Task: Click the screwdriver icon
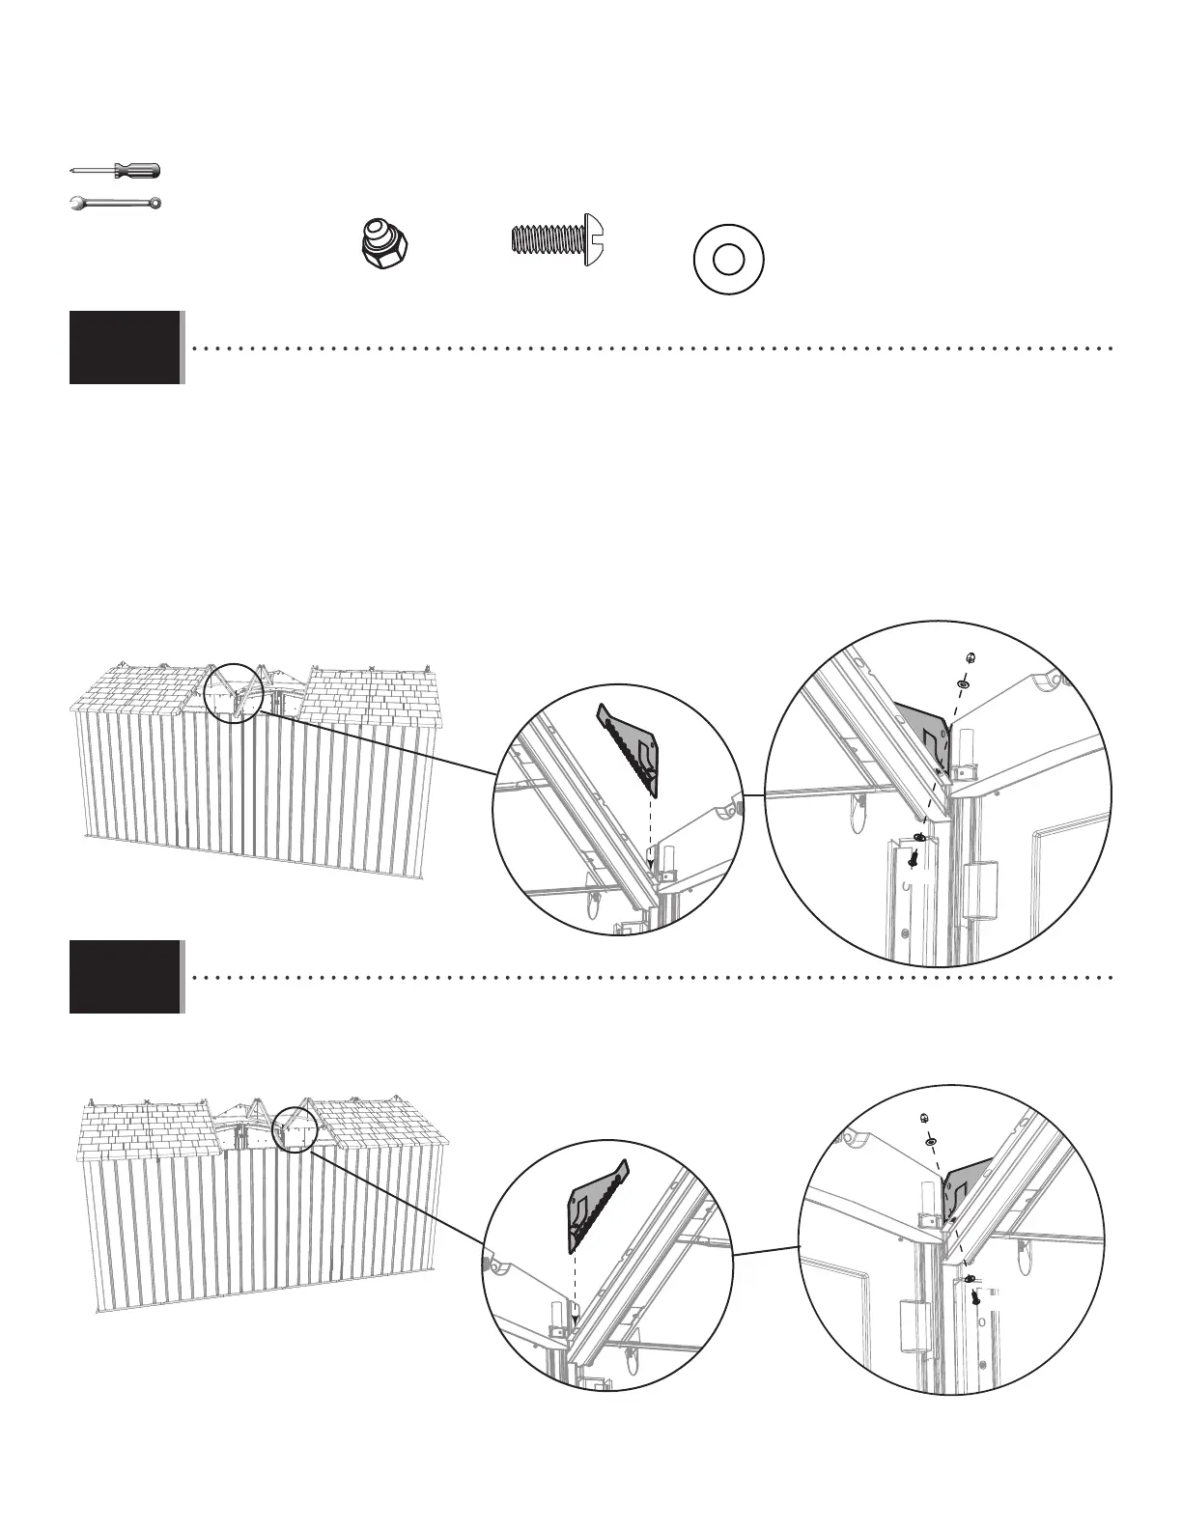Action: coord(116,171)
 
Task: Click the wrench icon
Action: coord(116,204)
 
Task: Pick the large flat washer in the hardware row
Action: coord(729,260)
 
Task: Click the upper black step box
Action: coord(125,347)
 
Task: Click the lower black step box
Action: coord(125,977)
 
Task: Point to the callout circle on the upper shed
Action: coord(235,691)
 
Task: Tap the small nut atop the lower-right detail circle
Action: coord(923,1118)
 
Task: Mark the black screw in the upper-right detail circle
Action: coord(913,855)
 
